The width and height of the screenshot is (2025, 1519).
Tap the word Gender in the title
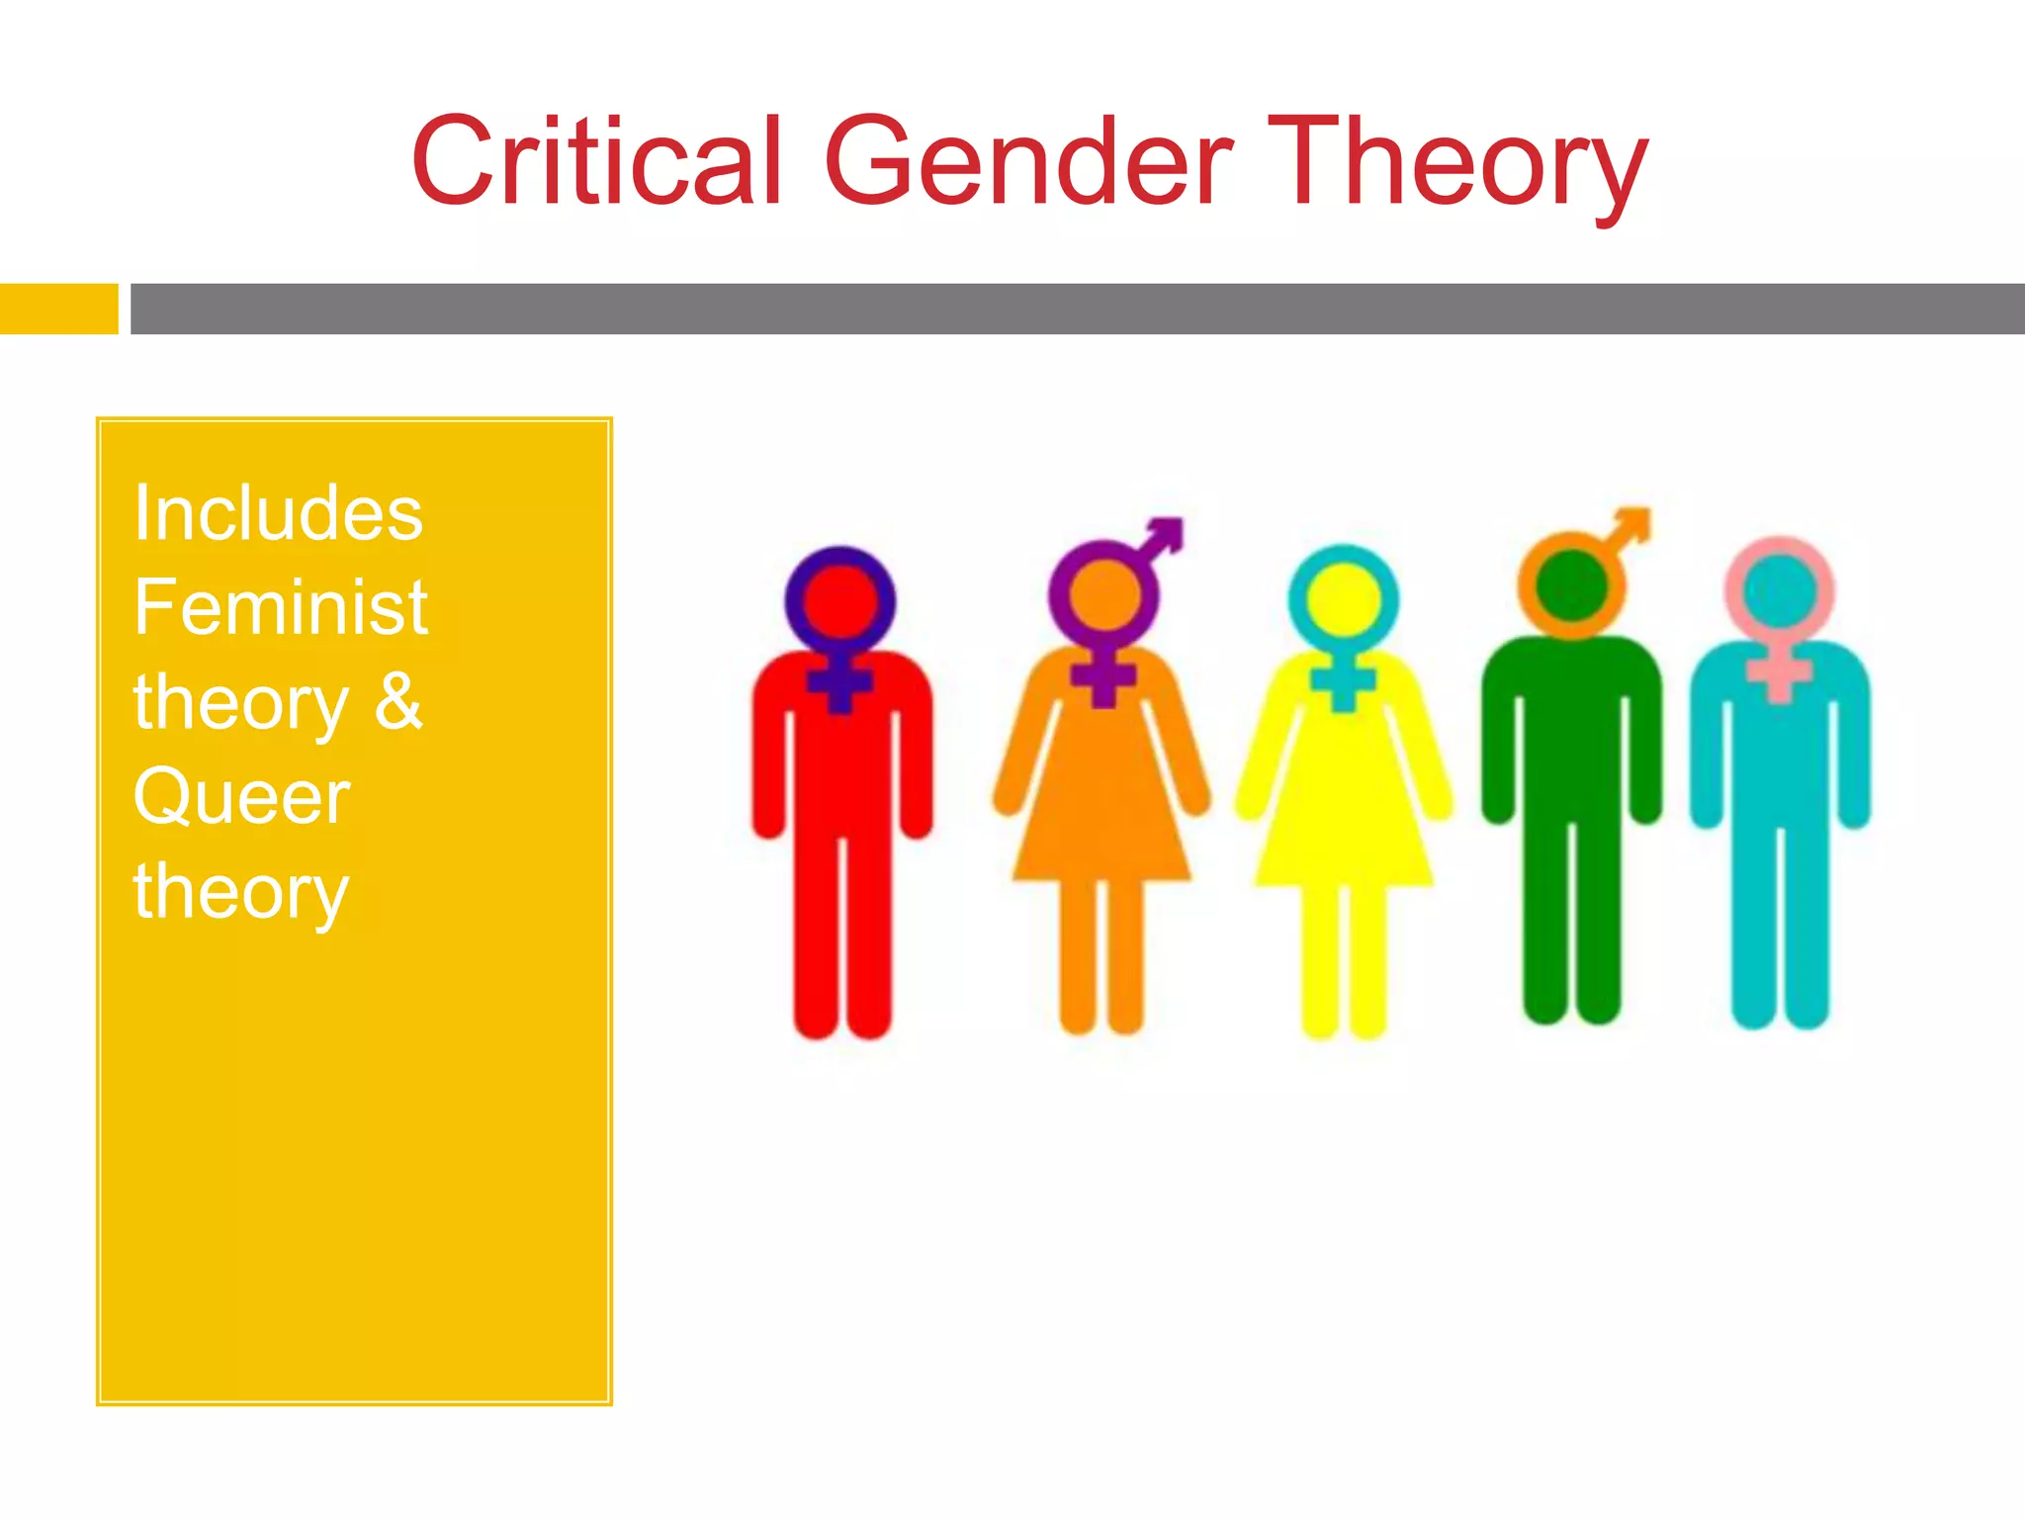[x=1028, y=161]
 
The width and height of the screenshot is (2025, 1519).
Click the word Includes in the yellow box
[x=278, y=514]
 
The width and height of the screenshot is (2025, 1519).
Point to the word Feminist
[x=281, y=607]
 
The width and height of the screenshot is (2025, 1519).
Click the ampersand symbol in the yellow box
[x=398, y=701]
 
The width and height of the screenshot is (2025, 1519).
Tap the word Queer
[x=242, y=797]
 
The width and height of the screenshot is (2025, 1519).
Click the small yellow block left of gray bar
[x=58, y=309]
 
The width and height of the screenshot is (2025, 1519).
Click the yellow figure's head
[x=1343, y=598]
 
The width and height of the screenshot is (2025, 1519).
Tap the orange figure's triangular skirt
[x=1101, y=821]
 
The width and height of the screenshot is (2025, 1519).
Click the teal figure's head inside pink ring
[x=1779, y=589]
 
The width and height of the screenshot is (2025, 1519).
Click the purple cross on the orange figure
[x=1103, y=677]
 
